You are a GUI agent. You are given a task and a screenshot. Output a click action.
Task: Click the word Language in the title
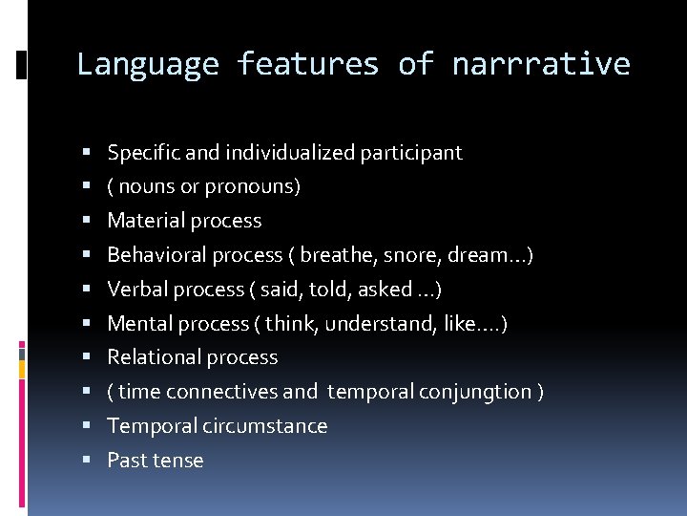click(147, 65)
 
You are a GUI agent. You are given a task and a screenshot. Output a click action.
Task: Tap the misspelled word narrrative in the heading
click(541, 65)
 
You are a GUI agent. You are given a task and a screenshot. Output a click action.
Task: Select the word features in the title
click(307, 65)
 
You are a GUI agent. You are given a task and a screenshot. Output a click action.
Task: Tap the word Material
click(144, 221)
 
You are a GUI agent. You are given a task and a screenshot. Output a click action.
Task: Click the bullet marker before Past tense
click(86, 461)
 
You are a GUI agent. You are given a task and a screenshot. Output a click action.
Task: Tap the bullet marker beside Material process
click(86, 221)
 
